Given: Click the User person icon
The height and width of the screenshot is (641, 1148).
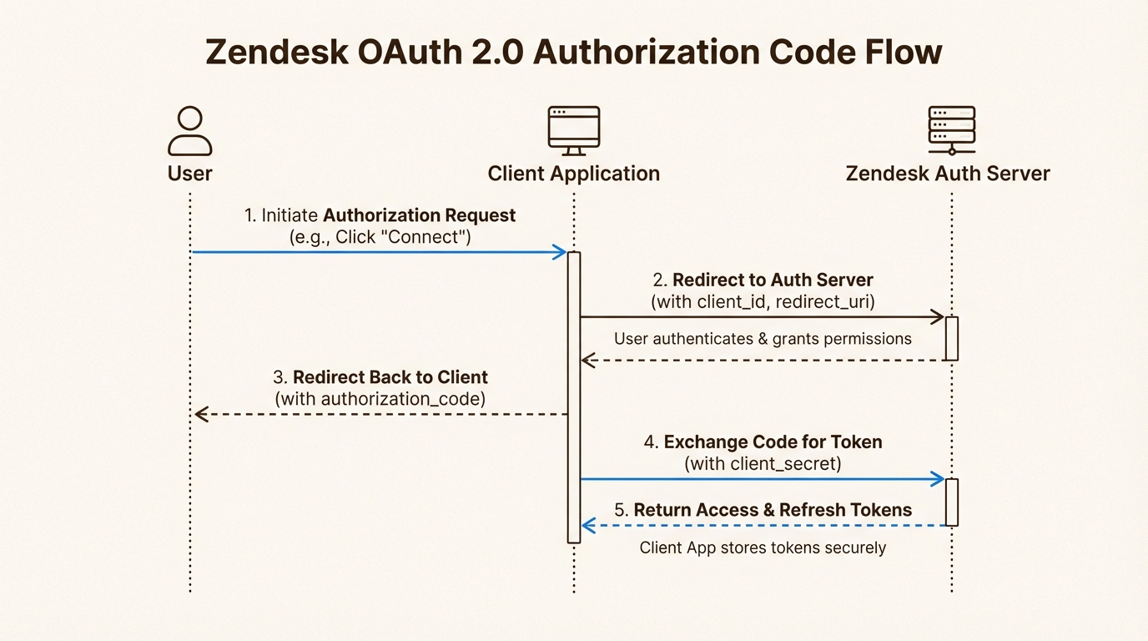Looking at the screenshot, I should pos(190,131).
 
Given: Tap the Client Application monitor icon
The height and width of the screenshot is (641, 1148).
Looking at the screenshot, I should pos(573,130).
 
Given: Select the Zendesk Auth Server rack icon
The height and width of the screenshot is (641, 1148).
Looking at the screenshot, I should pos(951,130).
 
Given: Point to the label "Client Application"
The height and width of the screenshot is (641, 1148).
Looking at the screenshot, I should pos(573,174).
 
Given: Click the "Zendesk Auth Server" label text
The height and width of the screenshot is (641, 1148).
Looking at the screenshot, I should pos(948,174).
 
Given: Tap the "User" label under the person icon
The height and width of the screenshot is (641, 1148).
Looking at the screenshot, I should pos(190,174).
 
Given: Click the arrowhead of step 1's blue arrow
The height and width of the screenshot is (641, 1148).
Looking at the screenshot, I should pos(561,252).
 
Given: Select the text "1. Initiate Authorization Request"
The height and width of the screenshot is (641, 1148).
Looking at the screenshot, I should pos(380,215).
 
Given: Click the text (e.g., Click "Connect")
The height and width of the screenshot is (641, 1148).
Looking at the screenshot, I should pos(380,237).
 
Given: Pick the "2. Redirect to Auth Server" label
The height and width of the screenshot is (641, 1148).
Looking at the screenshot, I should pos(763,280).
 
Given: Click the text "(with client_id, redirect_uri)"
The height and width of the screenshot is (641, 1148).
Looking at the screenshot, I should pos(763,301).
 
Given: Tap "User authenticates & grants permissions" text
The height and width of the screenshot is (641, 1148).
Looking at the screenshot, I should pos(763,339).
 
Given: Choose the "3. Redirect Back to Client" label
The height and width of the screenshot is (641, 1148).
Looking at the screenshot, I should pos(380,376).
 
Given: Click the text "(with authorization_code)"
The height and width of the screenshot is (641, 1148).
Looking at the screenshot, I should pos(380,399).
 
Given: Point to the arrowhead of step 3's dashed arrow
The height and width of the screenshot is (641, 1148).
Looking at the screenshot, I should pos(200,414).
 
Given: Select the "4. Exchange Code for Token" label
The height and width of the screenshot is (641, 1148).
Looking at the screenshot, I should pos(763,442).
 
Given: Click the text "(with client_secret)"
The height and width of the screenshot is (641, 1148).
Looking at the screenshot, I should pos(763,463).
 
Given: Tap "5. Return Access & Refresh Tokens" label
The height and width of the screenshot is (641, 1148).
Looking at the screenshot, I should pos(763,510).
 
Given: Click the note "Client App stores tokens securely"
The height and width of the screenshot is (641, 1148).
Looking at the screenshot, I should pos(763,548).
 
